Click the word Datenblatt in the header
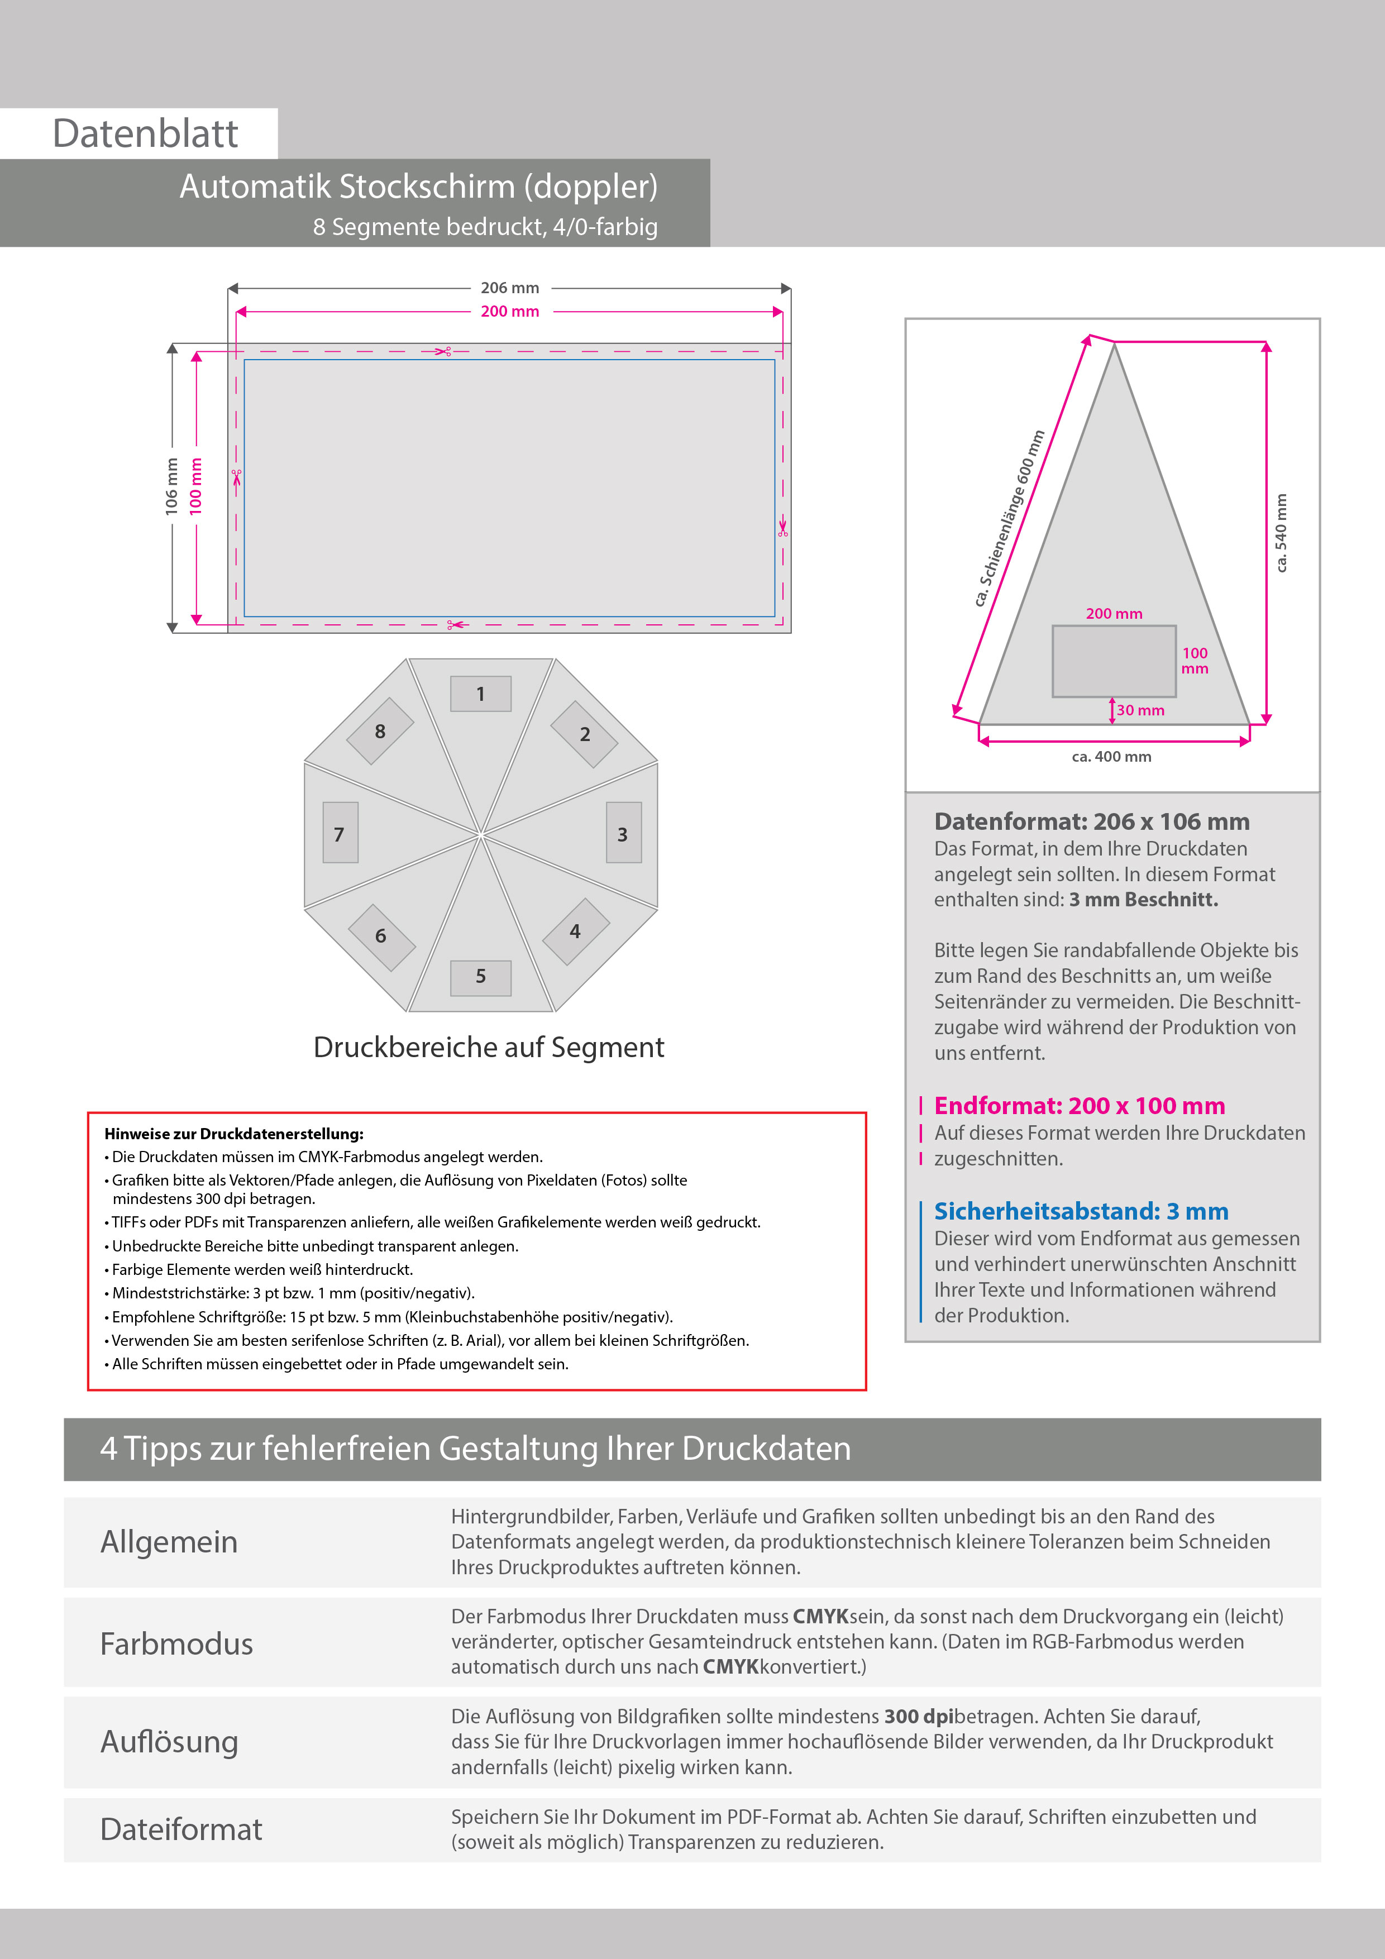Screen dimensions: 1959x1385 click(x=145, y=134)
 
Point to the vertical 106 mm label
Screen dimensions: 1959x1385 click(x=171, y=486)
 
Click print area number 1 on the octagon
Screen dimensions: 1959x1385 click(x=480, y=694)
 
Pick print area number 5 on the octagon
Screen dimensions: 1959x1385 click(x=480, y=976)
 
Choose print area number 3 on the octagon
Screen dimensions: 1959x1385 click(x=623, y=834)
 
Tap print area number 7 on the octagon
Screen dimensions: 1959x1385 click(x=340, y=834)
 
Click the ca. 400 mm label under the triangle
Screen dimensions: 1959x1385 click(x=1111, y=757)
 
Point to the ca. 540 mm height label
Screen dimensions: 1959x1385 click(x=1281, y=533)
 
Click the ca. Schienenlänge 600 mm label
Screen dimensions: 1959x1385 click(x=1010, y=519)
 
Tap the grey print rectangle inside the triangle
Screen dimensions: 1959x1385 click(x=1114, y=661)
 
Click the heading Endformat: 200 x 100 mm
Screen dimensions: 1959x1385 click(x=1080, y=1106)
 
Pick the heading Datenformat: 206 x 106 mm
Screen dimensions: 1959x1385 click(x=1091, y=821)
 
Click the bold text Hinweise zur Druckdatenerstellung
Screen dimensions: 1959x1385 click(x=234, y=1134)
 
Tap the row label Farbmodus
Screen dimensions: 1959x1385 click(x=176, y=1643)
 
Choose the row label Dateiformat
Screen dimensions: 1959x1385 click(x=181, y=1829)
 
